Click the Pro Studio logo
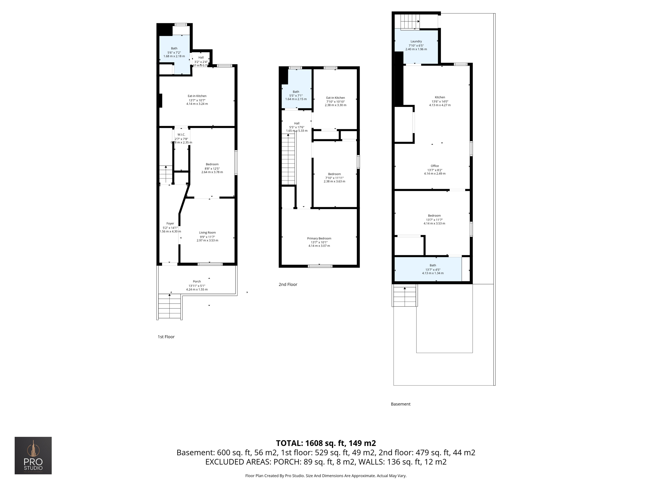[x=33, y=455]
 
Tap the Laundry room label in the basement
[x=416, y=41]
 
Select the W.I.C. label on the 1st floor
[x=181, y=135]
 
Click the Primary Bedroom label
[x=319, y=238]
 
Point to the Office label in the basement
[x=435, y=166]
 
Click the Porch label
[x=197, y=281]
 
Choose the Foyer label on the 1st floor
[x=170, y=223]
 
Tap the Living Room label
[x=207, y=233]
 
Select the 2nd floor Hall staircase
[x=288, y=159]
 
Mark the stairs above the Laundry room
[x=410, y=22]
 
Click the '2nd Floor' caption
[x=288, y=285]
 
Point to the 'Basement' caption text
[x=400, y=404]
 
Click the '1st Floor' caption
[x=166, y=337]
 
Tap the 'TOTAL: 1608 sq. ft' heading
[x=326, y=443]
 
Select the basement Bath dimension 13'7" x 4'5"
[x=433, y=270]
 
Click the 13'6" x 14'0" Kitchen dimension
[x=440, y=101]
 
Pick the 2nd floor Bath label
[x=296, y=92]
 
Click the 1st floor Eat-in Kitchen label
[x=197, y=96]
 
